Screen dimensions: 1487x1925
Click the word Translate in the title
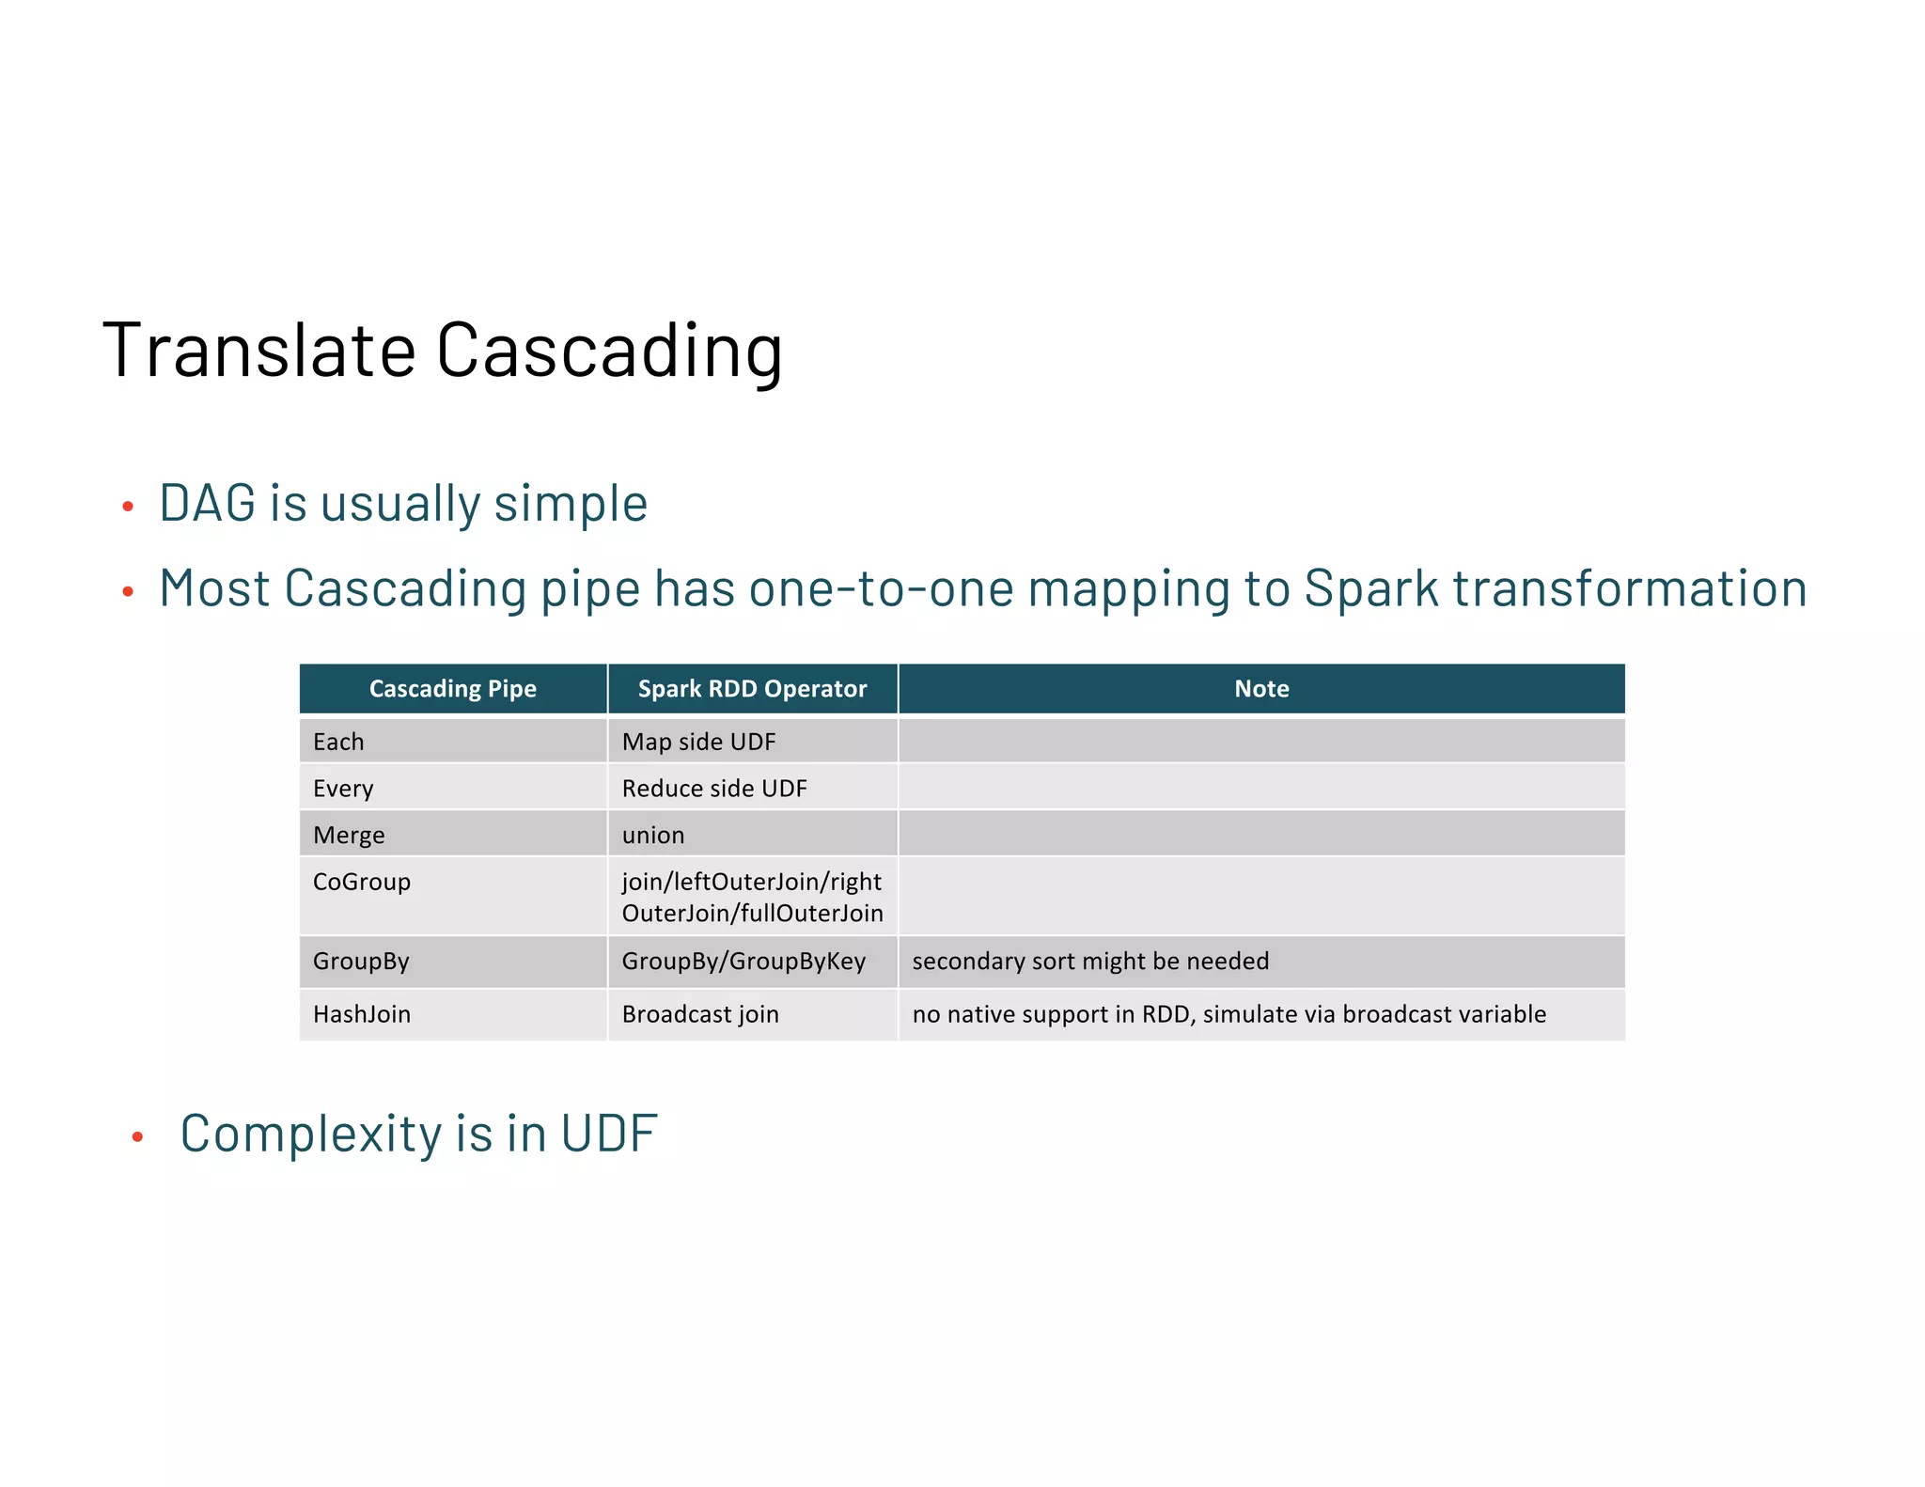259,350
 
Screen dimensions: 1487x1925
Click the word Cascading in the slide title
609,350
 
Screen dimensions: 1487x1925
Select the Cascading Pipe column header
452,689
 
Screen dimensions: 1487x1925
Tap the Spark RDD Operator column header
752,689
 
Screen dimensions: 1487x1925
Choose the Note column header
1260,689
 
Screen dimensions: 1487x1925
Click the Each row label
338,742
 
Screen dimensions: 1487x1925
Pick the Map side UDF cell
698,742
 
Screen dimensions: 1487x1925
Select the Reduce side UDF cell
714,789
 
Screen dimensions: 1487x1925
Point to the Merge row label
349,836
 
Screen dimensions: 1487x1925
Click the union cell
653,836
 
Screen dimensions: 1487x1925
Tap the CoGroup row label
362,883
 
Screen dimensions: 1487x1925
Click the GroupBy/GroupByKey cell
743,962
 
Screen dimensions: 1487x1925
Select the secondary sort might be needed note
1090,962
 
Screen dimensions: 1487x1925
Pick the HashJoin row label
362,1014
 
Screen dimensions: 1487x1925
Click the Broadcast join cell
700,1014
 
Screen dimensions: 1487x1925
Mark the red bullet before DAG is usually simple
129,508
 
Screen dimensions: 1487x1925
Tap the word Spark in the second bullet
1371,589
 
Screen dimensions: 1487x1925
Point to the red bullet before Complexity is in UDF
138,1137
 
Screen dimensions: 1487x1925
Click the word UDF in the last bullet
608,1134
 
